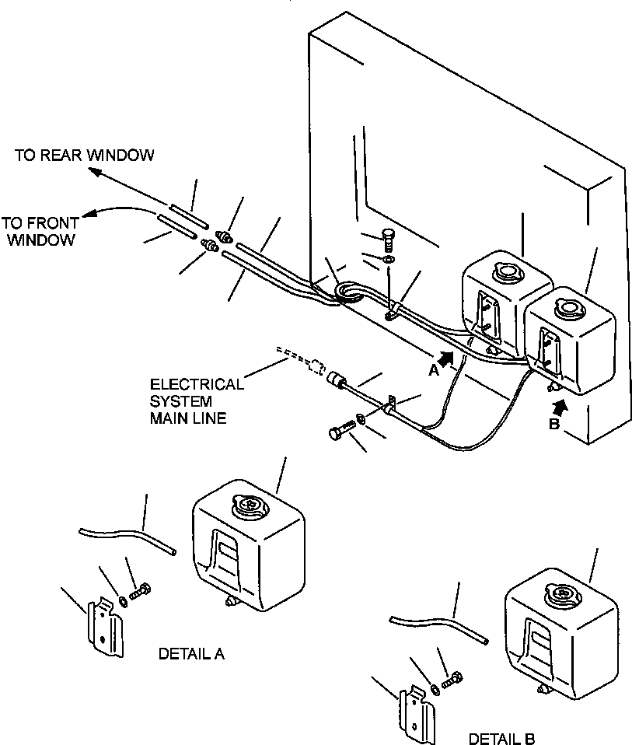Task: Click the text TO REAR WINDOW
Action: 85,156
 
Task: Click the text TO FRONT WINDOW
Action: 41,232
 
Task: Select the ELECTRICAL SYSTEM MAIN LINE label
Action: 197,401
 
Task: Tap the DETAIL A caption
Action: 191,654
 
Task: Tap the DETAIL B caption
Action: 501,738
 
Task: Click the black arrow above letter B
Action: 560,407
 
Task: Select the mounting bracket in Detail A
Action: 105,627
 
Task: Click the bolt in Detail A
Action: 140,592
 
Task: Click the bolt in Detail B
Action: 452,680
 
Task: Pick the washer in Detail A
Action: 123,601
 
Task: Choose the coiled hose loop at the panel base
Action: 350,293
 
